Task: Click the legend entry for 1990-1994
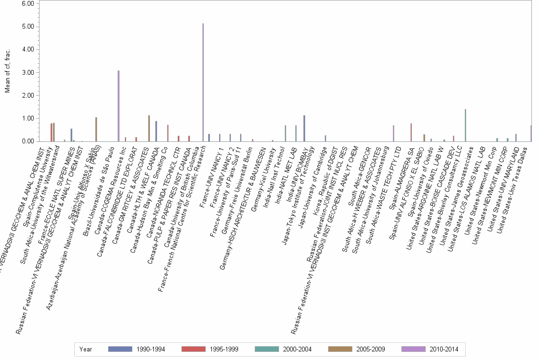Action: point(138,350)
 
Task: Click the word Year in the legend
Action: point(86,350)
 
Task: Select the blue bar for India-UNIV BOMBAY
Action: point(304,128)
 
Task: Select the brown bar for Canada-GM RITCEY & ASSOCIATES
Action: point(149,128)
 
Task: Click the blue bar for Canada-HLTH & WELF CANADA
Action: point(156,131)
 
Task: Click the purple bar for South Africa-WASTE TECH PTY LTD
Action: point(393,133)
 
